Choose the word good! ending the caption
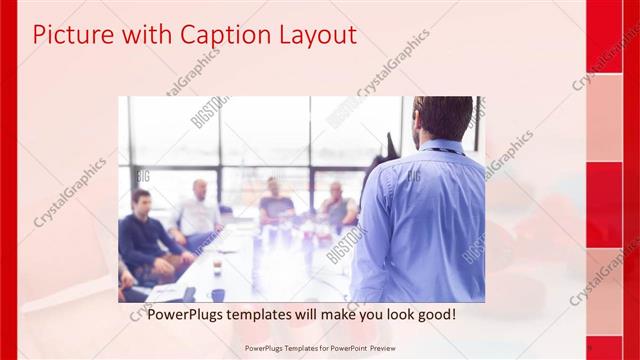(x=436, y=314)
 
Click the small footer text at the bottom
(x=319, y=348)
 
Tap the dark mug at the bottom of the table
(x=217, y=295)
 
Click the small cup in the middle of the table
(x=217, y=266)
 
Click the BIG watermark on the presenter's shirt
(x=412, y=176)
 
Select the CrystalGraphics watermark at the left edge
(x=70, y=190)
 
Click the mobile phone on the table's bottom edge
(x=189, y=294)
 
